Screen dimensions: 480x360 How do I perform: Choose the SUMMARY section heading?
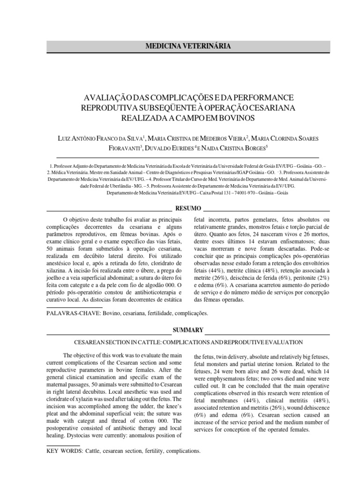(188, 330)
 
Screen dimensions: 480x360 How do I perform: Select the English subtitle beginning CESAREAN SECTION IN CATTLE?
(187, 343)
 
